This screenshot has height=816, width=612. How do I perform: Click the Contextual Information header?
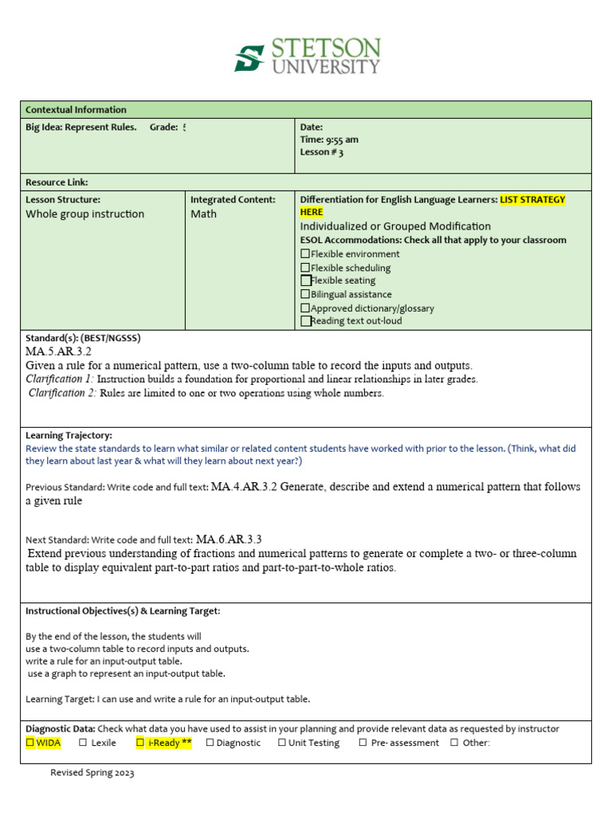tap(76, 110)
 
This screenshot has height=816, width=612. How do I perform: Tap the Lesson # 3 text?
tap(321, 152)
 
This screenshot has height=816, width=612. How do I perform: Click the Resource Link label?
tap(57, 182)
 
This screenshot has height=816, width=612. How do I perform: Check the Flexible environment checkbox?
tap(305, 254)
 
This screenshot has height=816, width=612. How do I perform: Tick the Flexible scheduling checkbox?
tap(305, 268)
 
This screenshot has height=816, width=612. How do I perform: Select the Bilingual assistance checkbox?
tap(305, 294)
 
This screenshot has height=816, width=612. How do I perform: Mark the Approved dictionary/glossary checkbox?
tap(305, 308)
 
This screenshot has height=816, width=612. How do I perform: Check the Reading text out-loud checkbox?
tap(305, 321)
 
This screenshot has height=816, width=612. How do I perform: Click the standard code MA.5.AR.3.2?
tap(59, 351)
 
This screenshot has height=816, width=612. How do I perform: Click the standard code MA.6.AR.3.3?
tap(229, 539)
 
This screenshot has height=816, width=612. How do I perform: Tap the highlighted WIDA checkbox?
tap(30, 743)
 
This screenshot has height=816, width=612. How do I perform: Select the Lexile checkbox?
tap(84, 743)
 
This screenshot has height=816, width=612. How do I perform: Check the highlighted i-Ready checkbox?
tap(140, 743)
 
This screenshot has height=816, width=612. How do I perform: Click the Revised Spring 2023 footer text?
tap(92, 773)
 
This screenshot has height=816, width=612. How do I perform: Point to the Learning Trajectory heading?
tap(69, 436)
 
